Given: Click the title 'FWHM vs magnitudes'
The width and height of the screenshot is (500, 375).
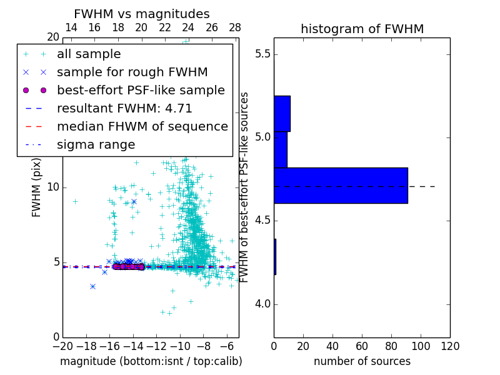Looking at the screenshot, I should [x=142, y=14].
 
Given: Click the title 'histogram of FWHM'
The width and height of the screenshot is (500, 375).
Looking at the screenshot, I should [x=362, y=29].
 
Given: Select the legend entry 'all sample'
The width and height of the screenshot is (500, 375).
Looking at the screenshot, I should [x=89, y=54].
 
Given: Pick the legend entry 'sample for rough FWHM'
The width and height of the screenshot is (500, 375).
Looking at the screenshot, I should [x=132, y=72].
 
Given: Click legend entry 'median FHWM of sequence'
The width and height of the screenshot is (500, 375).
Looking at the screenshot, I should [x=142, y=127].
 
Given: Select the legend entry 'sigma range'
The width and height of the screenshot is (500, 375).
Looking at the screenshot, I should [x=96, y=145].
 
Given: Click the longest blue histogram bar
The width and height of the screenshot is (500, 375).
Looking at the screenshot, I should [x=341, y=186].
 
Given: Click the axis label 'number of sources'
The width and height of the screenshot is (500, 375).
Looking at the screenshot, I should [x=362, y=361].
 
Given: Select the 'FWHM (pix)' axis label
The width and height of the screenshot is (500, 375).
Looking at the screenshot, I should [x=37, y=187].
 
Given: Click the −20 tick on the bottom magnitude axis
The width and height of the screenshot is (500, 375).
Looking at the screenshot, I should [x=62, y=346].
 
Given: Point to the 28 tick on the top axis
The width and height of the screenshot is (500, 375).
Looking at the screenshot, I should [x=235, y=27].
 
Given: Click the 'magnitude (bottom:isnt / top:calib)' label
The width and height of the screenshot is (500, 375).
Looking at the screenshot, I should [x=151, y=361].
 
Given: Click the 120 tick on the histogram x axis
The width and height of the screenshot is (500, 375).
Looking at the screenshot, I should [x=449, y=346].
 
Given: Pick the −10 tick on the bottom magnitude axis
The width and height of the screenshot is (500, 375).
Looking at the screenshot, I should [x=180, y=346].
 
